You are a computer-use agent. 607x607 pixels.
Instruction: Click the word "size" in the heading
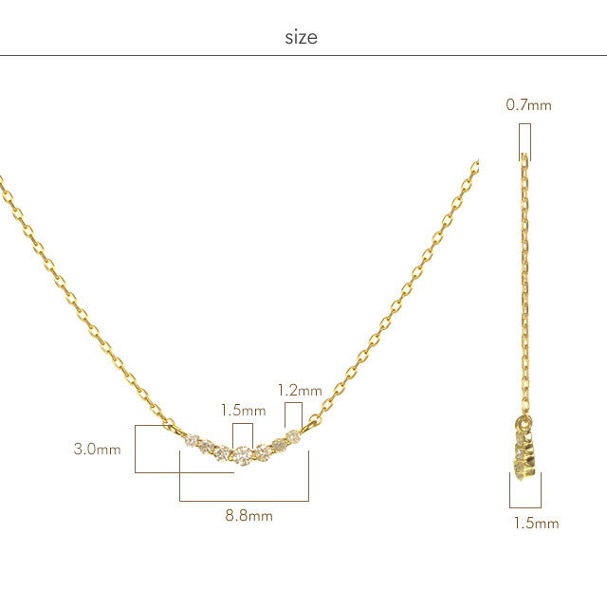pyautogui.click(x=302, y=38)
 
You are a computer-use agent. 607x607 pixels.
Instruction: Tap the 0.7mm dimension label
pyautogui.click(x=529, y=105)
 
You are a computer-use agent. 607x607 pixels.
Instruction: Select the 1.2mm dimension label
pyautogui.click(x=300, y=390)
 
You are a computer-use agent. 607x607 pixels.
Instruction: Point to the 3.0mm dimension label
pyautogui.click(x=97, y=449)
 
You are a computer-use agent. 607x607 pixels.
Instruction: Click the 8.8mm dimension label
pyautogui.click(x=248, y=516)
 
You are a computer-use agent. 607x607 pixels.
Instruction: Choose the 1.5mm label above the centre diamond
pyautogui.click(x=243, y=411)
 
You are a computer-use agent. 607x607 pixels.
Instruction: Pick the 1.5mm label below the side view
pyautogui.click(x=536, y=524)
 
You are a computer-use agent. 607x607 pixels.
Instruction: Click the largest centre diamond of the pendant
pyautogui.click(x=243, y=455)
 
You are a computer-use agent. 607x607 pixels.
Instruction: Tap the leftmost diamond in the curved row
pyautogui.click(x=192, y=440)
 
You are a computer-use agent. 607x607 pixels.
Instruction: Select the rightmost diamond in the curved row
pyautogui.click(x=293, y=437)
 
